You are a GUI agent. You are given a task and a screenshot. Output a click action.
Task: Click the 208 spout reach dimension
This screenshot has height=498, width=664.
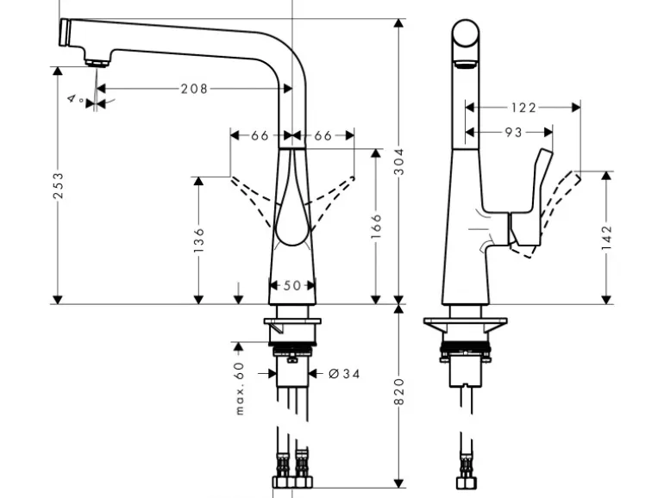[x=194, y=88]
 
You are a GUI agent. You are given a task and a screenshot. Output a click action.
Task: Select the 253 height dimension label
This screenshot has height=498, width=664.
[x=59, y=186]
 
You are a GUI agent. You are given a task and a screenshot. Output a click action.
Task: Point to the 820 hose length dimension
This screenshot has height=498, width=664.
[x=398, y=394]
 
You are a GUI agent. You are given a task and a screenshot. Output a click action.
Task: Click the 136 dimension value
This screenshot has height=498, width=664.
[x=199, y=240]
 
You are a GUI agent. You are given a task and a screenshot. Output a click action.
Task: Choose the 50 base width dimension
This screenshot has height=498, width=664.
[x=291, y=285]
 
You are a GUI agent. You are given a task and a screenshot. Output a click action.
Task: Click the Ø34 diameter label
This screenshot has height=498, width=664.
[x=343, y=373]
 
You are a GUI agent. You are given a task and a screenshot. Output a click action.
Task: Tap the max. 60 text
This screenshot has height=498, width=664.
[x=241, y=388]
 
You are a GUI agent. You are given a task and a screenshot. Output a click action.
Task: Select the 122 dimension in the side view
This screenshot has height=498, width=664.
[x=523, y=108]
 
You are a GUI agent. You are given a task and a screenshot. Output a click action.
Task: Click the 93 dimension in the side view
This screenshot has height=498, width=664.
[x=512, y=133]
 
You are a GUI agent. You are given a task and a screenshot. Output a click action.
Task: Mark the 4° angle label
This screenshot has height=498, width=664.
[x=75, y=100]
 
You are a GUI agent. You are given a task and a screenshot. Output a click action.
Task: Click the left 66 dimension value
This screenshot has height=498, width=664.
[x=260, y=135]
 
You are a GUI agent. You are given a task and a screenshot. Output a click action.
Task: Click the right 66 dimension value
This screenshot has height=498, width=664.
[x=323, y=135]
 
